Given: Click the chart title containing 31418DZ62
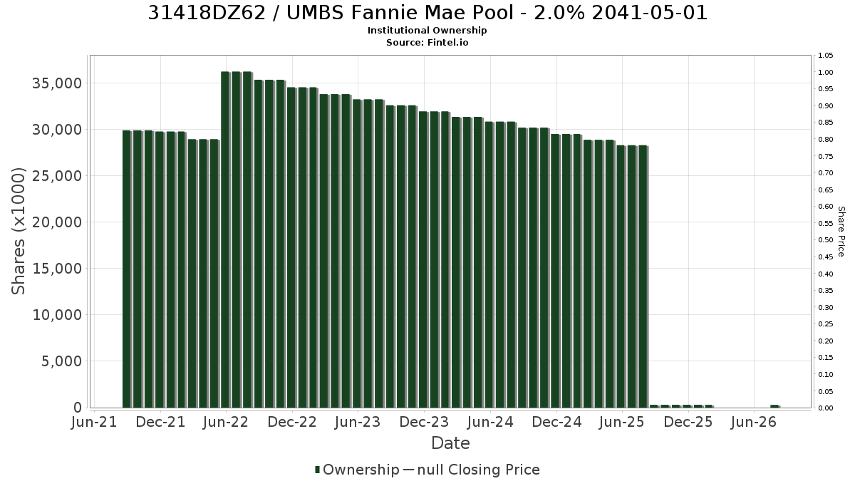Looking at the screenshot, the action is click(x=427, y=13).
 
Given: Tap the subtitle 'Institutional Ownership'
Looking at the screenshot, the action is click(x=427, y=31).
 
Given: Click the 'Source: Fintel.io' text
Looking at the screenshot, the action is click(x=427, y=42).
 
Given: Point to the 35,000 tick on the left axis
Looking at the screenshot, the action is click(x=57, y=83).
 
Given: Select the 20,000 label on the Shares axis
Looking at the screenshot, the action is click(x=57, y=222).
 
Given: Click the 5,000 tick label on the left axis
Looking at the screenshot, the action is click(x=62, y=361).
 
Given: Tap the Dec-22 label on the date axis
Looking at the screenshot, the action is click(x=292, y=422).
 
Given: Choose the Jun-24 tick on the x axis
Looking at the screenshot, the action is click(x=490, y=422).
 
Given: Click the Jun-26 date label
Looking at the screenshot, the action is click(x=754, y=422).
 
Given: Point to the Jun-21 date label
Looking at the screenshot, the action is click(x=94, y=422).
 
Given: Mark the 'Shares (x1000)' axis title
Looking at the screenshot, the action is click(x=19, y=232).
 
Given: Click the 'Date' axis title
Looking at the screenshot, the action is click(x=450, y=443).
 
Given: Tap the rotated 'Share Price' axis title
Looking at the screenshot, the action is click(x=841, y=232).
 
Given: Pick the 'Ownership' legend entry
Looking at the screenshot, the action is click(x=357, y=470).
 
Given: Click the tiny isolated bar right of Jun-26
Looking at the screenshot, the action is click(x=775, y=406).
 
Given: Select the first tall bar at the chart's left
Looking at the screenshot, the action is click(x=127, y=269).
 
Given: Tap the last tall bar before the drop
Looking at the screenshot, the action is click(x=643, y=276).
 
